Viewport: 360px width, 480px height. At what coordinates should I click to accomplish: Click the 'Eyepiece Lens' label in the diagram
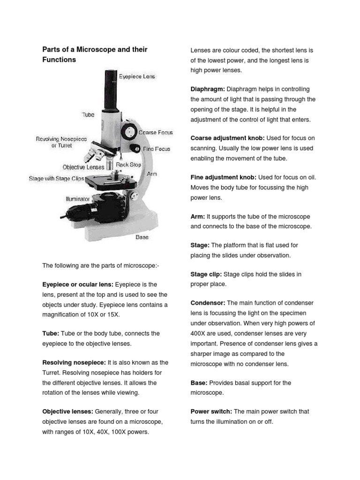[x=137, y=76]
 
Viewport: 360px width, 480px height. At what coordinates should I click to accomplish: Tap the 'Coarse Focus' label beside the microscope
[x=156, y=133]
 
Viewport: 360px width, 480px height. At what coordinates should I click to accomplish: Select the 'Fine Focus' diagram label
[x=157, y=149]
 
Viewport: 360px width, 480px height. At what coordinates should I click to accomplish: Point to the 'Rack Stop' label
[x=128, y=165]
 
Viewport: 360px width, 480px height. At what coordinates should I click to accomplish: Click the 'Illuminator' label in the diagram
[x=77, y=199]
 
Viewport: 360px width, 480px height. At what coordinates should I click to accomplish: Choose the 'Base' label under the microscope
[x=142, y=237]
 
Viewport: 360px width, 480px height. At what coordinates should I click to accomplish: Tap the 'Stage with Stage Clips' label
[x=57, y=179]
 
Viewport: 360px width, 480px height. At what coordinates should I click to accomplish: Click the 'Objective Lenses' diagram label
[x=83, y=167]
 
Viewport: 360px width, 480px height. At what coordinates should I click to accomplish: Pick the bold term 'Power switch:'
[x=211, y=412]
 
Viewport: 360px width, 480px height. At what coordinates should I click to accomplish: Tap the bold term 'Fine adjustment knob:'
[x=223, y=178]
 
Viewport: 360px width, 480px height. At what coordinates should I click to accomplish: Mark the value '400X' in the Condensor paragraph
[x=199, y=334]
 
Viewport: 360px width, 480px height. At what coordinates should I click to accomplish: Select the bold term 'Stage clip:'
[x=206, y=274]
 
